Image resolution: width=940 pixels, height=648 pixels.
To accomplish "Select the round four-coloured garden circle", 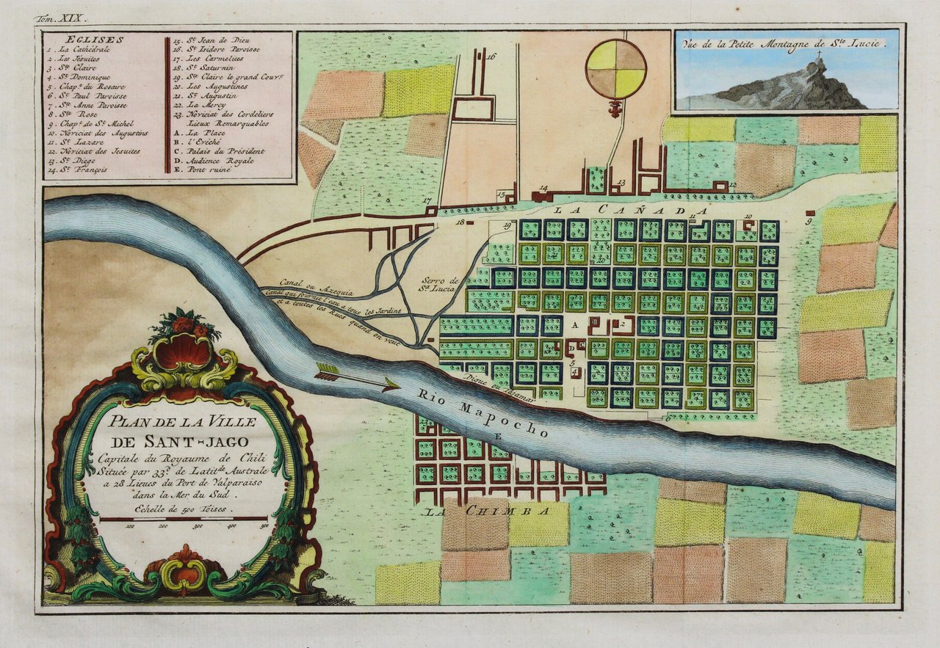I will (x=615, y=69).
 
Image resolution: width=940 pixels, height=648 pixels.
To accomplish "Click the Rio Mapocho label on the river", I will (x=482, y=412).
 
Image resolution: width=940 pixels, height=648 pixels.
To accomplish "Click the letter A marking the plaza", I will (x=575, y=324).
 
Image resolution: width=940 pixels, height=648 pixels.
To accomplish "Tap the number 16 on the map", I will (x=491, y=56).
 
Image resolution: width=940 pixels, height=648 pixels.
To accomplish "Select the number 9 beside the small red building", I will (x=809, y=220).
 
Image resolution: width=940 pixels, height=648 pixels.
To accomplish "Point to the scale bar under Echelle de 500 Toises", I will (x=183, y=519).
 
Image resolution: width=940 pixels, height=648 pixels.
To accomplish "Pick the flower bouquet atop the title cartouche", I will (x=184, y=324).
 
